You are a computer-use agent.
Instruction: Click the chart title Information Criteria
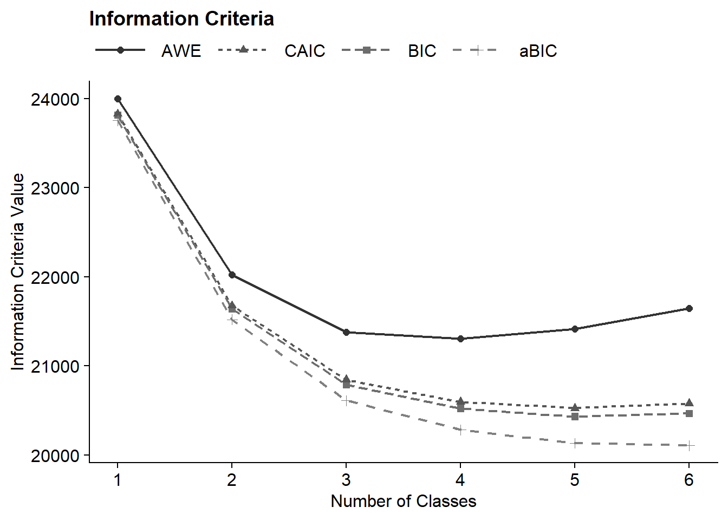(181, 19)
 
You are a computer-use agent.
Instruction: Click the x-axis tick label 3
(346, 480)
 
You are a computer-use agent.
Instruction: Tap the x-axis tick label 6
(689, 480)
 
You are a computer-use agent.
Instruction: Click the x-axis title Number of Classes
(404, 502)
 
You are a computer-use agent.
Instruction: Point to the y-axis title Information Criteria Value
(18, 272)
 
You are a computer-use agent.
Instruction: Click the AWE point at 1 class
(118, 99)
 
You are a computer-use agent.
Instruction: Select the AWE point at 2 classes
(232, 275)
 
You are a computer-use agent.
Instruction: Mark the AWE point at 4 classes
(460, 339)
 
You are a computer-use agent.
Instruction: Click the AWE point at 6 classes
(689, 309)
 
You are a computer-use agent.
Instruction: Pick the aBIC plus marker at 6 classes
(689, 446)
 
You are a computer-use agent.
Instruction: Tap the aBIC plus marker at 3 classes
(346, 401)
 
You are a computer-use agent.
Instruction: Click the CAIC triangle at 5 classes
(575, 407)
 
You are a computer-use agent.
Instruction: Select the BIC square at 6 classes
(689, 413)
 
